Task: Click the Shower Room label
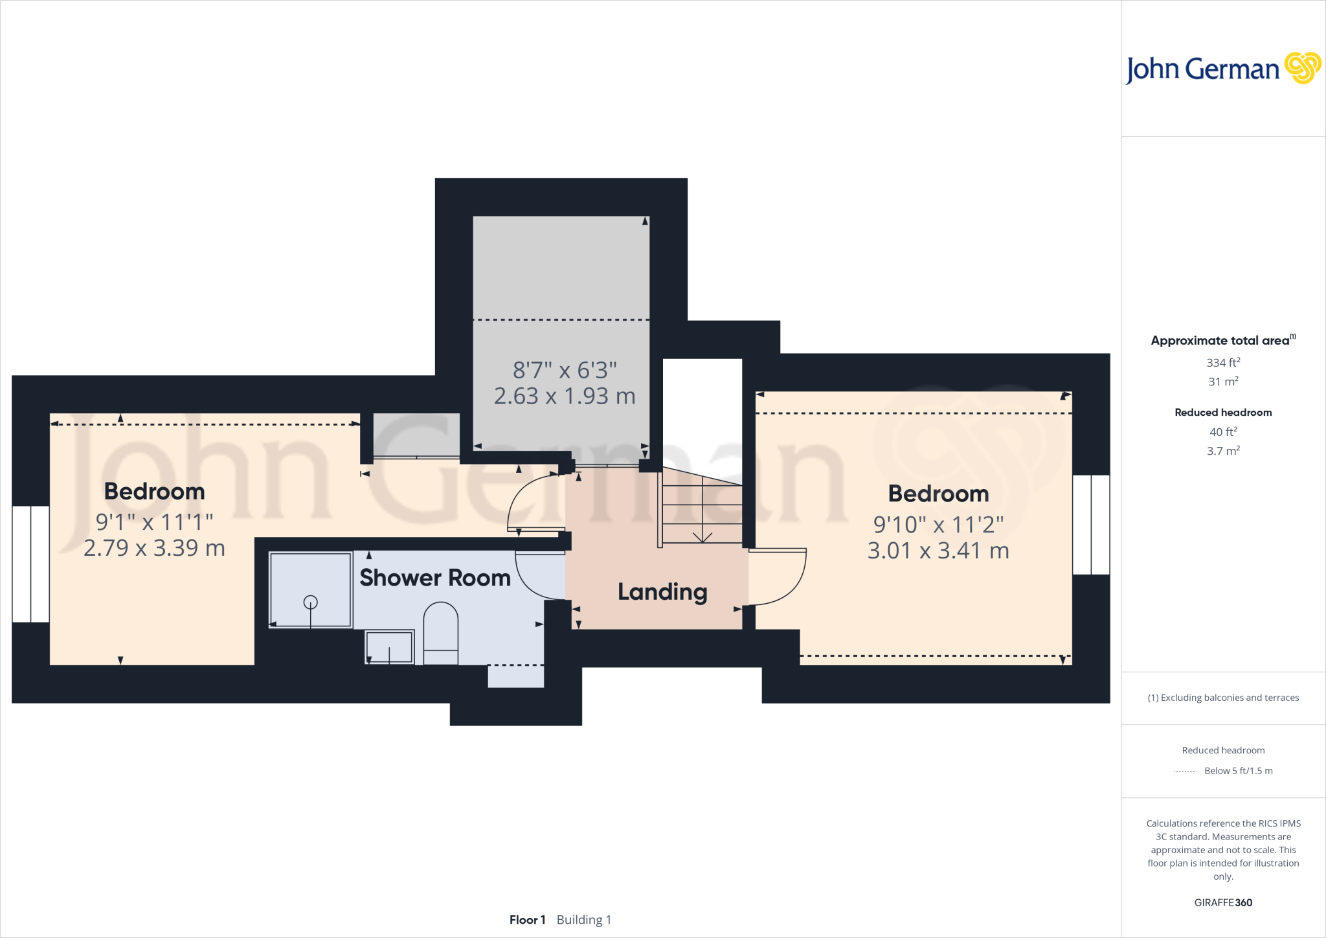click(x=435, y=577)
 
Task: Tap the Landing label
click(x=662, y=591)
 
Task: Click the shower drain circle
click(x=311, y=602)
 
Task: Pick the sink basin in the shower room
click(x=389, y=646)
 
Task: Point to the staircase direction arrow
click(x=702, y=537)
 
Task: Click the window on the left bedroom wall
click(x=30, y=564)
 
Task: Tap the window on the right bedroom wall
click(x=1091, y=525)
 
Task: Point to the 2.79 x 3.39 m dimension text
click(x=154, y=548)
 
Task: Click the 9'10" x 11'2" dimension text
click(x=938, y=525)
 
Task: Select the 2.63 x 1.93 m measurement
click(x=565, y=396)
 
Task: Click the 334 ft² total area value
click(x=1222, y=363)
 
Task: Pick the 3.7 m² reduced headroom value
click(x=1222, y=451)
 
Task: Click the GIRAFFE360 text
click(x=1222, y=902)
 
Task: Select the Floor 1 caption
click(x=527, y=920)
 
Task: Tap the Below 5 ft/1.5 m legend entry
click(x=1238, y=771)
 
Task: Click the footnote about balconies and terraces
click(x=1222, y=698)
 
